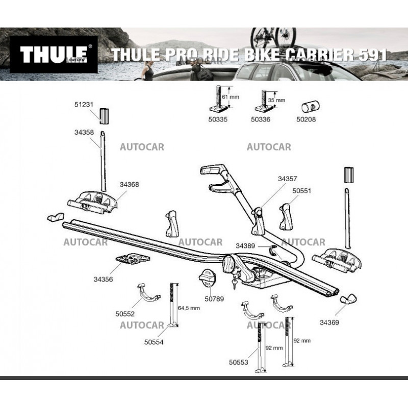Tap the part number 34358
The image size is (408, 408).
[x=84, y=132]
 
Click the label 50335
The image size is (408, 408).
[x=218, y=120]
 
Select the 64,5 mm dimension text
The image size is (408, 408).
[x=189, y=308]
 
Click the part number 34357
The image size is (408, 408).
[x=287, y=179]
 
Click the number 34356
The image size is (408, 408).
[x=104, y=279]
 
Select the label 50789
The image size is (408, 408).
[x=214, y=299]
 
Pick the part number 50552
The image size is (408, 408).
[x=126, y=315]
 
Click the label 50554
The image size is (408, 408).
[x=154, y=342]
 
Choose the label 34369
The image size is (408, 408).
[x=329, y=322]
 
